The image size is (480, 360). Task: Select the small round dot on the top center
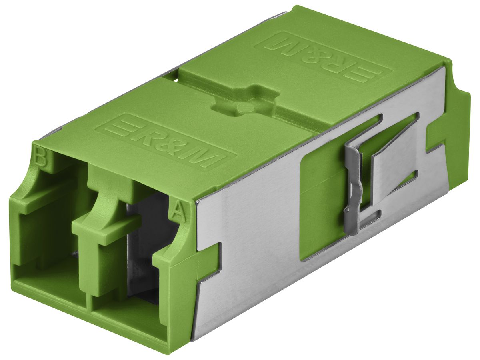243,107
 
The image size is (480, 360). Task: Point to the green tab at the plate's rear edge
436,136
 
